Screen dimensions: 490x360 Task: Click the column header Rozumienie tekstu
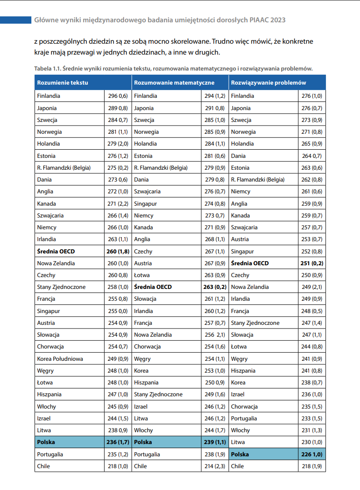[62, 83]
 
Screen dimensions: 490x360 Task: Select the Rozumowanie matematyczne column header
[174, 83]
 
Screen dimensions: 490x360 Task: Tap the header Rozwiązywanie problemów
[268, 83]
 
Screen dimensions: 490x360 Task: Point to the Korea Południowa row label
[60, 359]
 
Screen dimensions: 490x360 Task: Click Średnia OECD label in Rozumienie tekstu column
[56, 251]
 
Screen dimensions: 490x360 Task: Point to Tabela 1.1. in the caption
[47, 68]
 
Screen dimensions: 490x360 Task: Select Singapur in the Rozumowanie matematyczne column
[145, 203]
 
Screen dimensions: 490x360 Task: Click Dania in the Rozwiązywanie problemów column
[238, 156]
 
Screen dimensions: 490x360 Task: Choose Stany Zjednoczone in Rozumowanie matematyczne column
[158, 394]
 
